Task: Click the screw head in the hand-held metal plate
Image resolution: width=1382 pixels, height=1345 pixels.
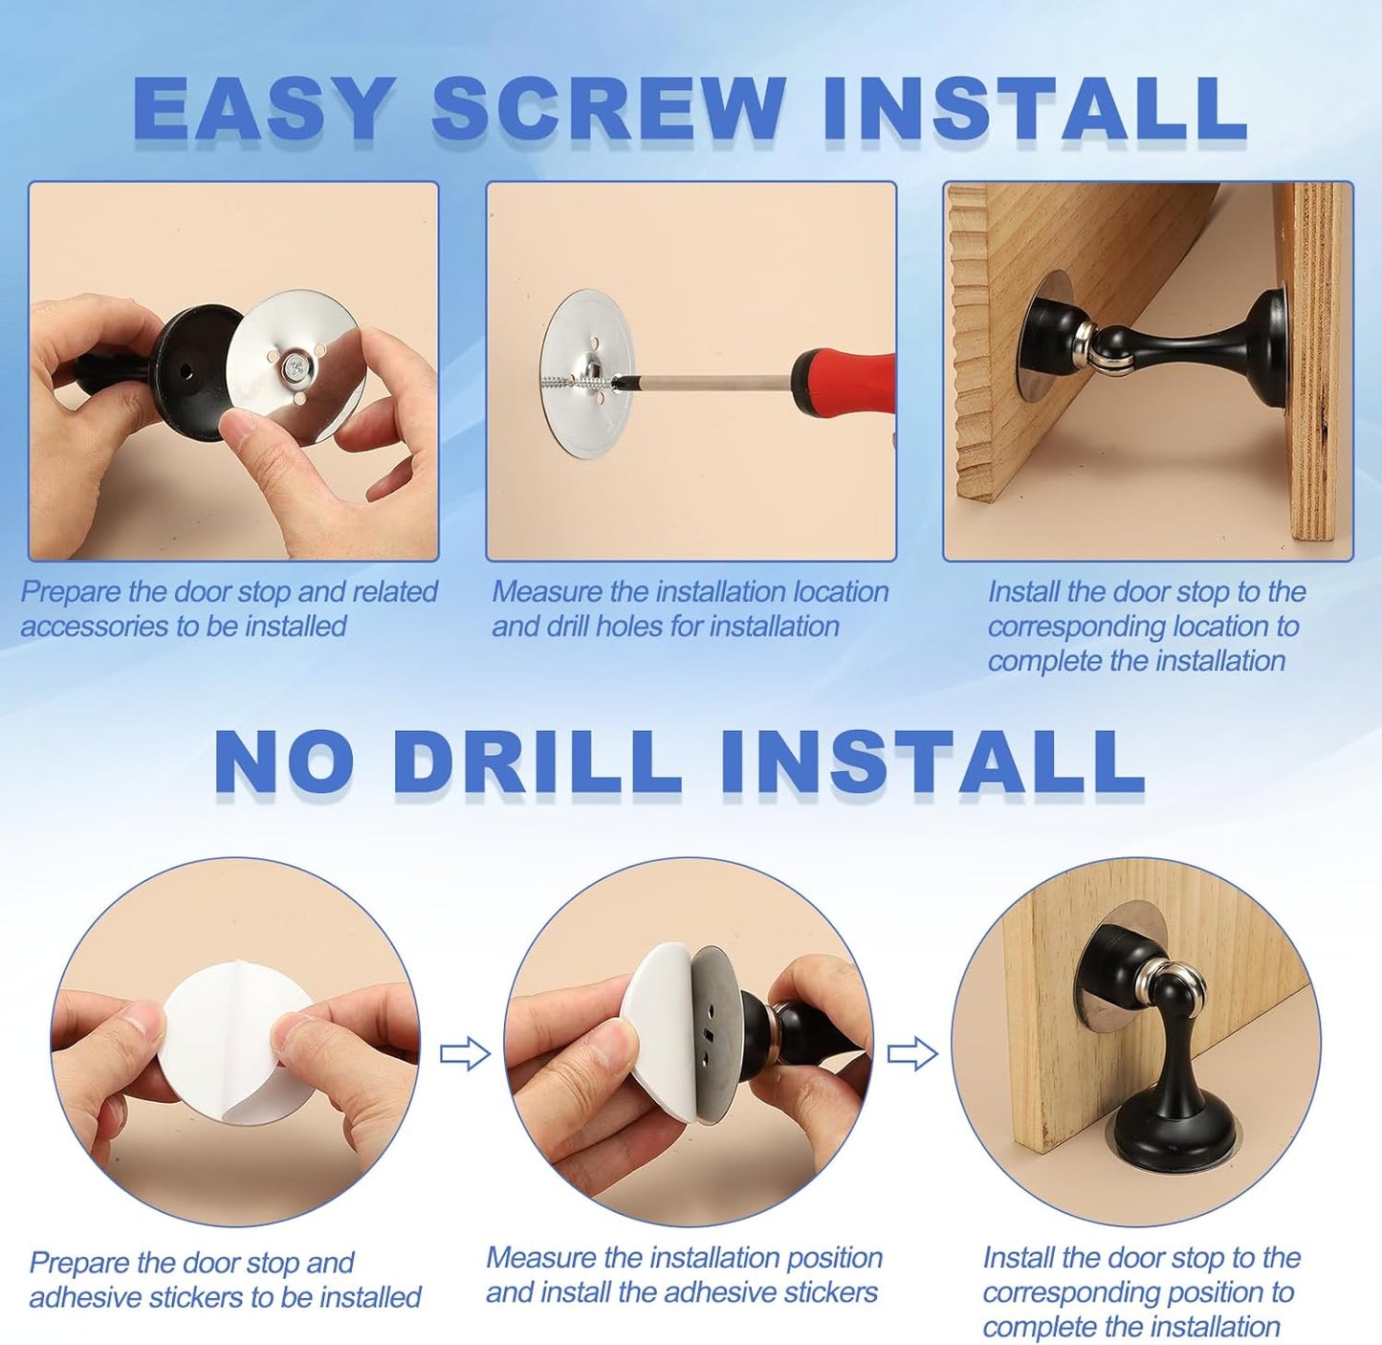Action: click(295, 364)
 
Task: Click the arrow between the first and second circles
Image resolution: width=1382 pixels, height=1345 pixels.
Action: click(465, 1054)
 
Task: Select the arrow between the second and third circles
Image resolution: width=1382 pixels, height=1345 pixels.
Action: click(912, 1054)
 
